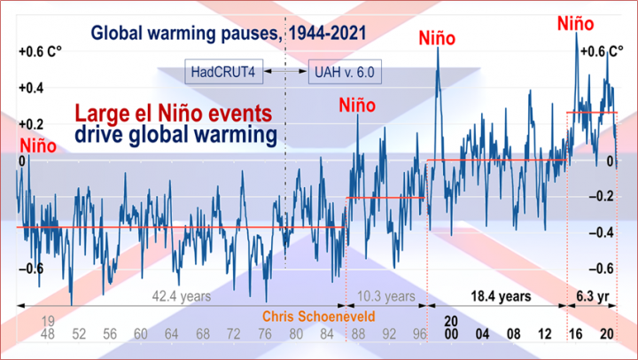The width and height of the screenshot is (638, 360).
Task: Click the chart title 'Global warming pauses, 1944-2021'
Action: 216,35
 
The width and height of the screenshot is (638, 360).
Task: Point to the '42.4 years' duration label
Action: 182,296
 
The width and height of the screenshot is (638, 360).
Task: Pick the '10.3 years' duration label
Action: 385,296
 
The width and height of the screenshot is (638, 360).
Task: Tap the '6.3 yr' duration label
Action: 591,296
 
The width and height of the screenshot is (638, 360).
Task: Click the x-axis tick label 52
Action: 79,334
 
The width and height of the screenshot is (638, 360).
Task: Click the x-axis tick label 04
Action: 481,334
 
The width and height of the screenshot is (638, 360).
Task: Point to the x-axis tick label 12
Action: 543,334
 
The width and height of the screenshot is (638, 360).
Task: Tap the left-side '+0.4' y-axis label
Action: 33,88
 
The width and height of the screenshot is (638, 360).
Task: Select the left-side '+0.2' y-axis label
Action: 33,124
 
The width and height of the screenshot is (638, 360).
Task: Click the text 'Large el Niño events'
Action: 173,114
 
